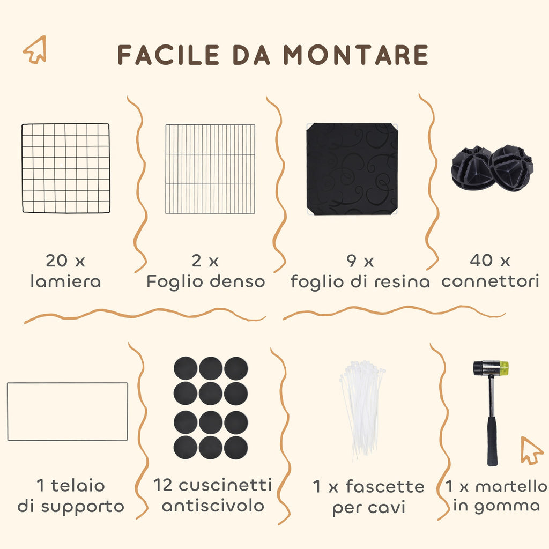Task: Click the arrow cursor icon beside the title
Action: click(x=35, y=49)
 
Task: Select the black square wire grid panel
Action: click(x=66, y=168)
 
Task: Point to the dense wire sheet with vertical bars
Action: click(x=210, y=169)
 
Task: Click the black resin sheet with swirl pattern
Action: click(x=352, y=169)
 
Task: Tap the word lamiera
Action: click(x=66, y=281)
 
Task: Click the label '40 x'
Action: click(x=490, y=261)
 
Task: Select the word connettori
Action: click(x=490, y=281)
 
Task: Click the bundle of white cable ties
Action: click(x=363, y=410)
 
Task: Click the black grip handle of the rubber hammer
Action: click(x=492, y=441)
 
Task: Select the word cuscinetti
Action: click(x=225, y=485)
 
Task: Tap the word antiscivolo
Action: click(x=213, y=506)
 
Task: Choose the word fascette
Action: click(x=385, y=487)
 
